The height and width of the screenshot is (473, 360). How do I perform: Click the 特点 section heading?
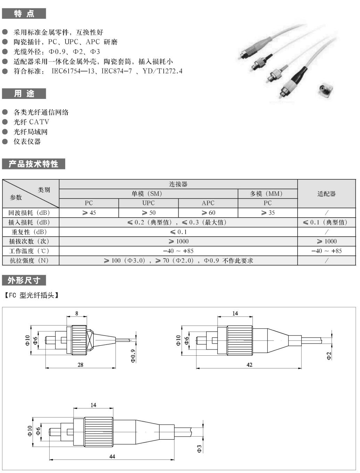click(x=24, y=14)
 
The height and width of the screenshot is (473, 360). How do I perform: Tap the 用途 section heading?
click(x=24, y=94)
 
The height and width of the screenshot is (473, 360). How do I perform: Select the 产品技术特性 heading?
click(x=34, y=164)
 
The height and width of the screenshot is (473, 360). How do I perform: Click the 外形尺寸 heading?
click(x=24, y=280)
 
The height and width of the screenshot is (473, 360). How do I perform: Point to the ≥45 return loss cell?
click(x=89, y=213)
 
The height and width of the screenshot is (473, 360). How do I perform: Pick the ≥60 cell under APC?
click(x=208, y=213)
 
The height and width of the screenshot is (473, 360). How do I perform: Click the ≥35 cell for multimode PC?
click(x=268, y=213)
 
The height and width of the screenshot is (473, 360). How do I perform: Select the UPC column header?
click(x=148, y=203)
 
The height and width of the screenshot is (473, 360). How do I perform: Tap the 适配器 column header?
click(x=326, y=194)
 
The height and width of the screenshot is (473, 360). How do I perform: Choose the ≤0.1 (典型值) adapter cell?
click(x=326, y=222)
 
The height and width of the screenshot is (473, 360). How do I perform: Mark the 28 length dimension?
click(x=80, y=365)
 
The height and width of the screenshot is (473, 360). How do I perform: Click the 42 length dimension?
click(x=249, y=365)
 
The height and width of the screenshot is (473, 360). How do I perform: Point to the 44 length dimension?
click(x=112, y=456)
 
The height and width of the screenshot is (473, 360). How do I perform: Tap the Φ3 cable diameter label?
click(x=199, y=449)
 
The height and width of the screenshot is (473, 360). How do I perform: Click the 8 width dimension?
click(x=77, y=313)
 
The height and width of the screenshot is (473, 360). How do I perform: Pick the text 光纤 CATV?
click(x=31, y=122)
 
